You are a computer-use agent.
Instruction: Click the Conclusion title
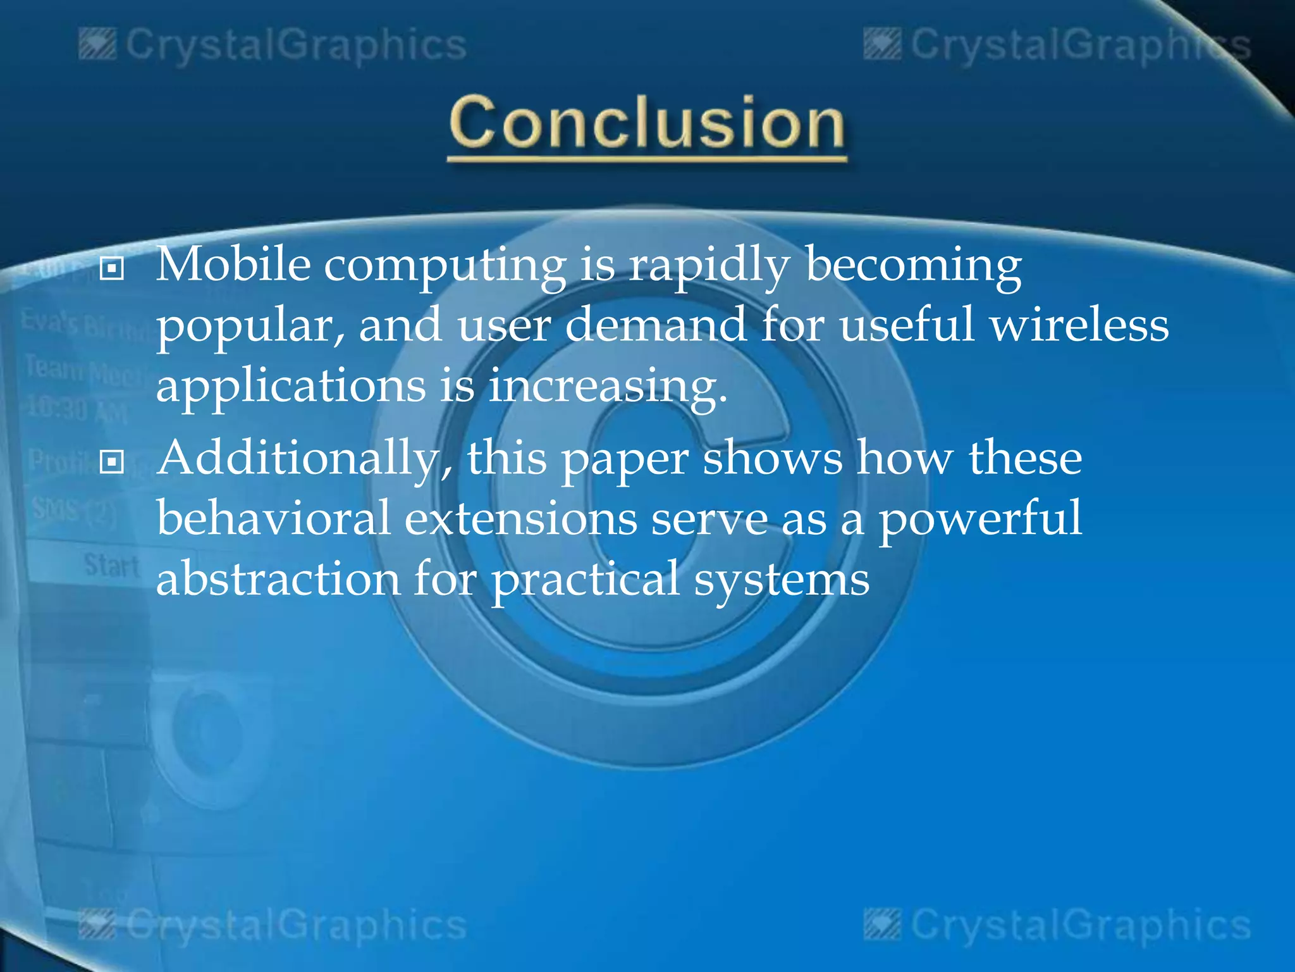pyautogui.click(x=647, y=123)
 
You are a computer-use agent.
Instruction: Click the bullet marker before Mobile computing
pyautogui.click(x=112, y=269)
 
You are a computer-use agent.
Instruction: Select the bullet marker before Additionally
pyautogui.click(x=112, y=462)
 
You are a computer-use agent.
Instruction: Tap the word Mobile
pyautogui.click(x=233, y=265)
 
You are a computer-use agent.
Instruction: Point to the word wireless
pyautogui.click(x=1079, y=325)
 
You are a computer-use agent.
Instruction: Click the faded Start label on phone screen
pyautogui.click(x=111, y=565)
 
